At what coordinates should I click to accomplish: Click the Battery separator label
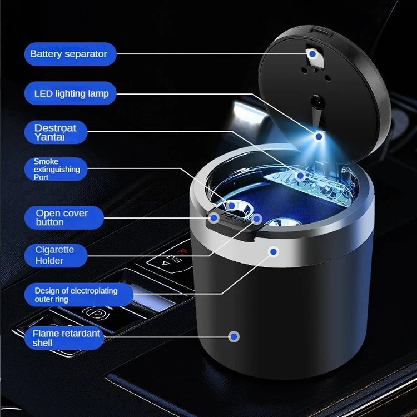coord(70,54)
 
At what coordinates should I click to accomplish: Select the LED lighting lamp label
coord(70,93)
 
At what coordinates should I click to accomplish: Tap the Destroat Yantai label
coord(56,132)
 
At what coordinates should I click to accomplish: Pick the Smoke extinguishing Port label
coord(56,169)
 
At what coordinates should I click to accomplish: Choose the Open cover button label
coord(64,217)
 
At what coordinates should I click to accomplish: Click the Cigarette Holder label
coord(56,255)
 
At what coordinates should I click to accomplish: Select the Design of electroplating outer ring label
coord(79,295)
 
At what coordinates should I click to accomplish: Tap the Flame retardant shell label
coord(64,337)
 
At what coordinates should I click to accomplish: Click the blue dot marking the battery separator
coord(312,54)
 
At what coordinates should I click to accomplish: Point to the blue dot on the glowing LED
coord(319,137)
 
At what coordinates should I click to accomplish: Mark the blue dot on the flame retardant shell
coord(234,337)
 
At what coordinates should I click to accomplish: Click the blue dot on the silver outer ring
coord(274,251)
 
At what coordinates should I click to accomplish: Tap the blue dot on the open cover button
coord(214,218)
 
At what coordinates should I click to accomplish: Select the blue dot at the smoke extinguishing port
coord(232,206)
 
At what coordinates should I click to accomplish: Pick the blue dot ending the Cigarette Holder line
coord(257,219)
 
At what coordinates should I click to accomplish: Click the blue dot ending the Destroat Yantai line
coord(300,176)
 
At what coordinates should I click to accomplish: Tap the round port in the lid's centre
coord(316,101)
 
